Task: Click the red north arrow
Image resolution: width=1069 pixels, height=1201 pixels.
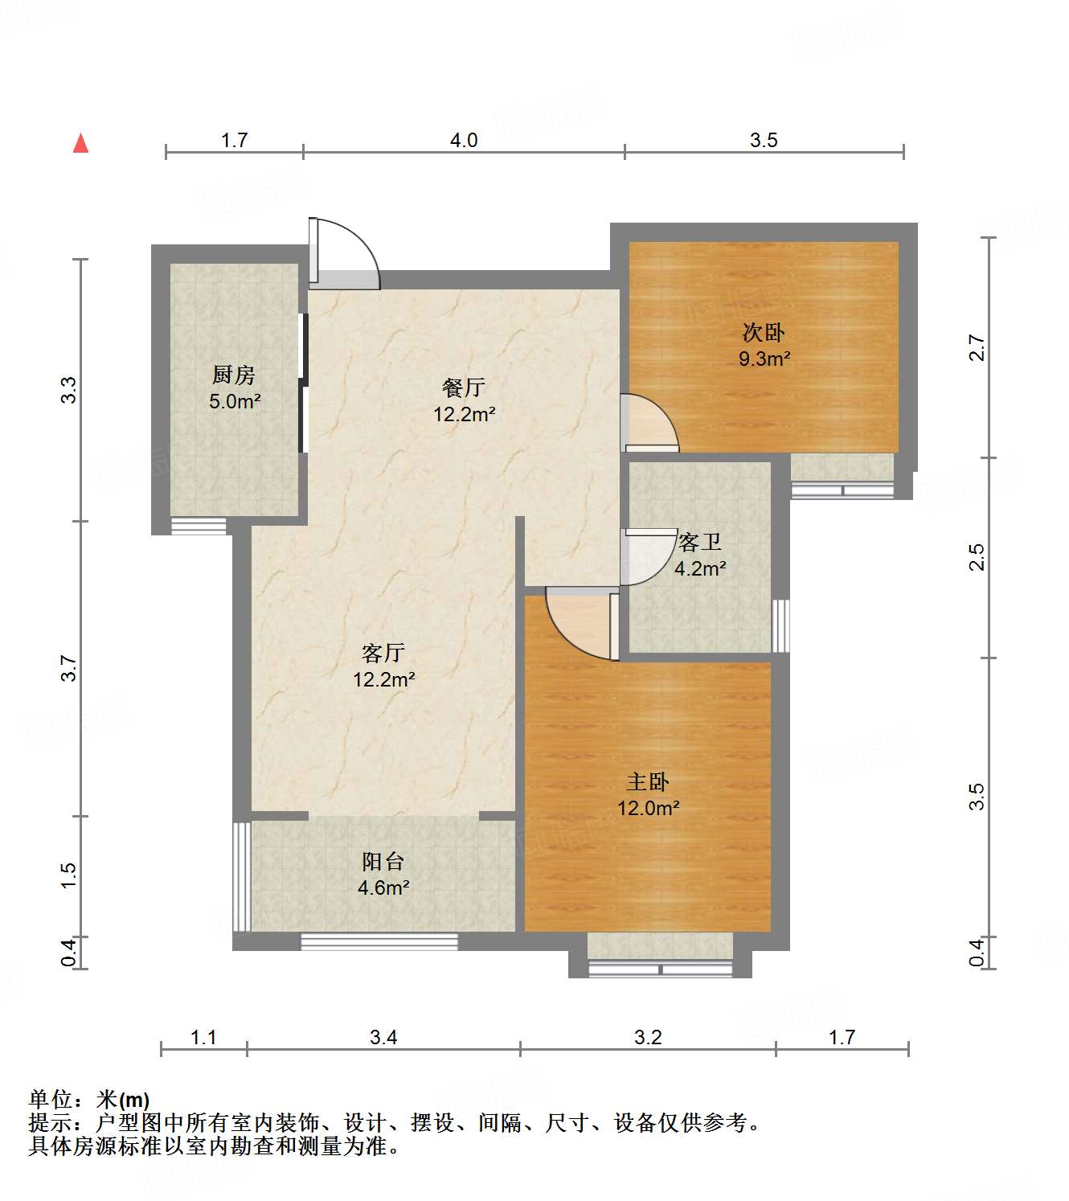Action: [80, 143]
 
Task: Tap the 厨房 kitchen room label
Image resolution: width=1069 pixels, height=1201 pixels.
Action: [234, 375]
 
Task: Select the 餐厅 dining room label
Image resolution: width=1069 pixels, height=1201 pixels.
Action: [464, 387]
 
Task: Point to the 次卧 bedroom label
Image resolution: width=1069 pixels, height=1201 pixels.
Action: [763, 332]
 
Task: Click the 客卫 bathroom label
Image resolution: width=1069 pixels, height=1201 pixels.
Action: [699, 543]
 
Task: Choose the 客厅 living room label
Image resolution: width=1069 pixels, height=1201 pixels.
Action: [383, 653]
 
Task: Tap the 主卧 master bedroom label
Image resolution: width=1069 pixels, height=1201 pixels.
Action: [648, 781]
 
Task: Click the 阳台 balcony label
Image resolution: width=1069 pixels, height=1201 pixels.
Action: [383, 862]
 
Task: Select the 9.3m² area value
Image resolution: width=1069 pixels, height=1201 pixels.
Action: [764, 359]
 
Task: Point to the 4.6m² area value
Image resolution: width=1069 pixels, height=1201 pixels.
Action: [383, 888]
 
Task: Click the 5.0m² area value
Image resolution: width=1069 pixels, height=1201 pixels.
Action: [235, 401]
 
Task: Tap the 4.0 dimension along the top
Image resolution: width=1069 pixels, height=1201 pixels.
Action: [464, 141]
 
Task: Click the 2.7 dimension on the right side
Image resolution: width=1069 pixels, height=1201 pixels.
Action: [976, 347]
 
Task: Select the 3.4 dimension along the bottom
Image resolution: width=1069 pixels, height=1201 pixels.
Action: [383, 1038]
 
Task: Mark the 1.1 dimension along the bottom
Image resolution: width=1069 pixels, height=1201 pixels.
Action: [203, 1038]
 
